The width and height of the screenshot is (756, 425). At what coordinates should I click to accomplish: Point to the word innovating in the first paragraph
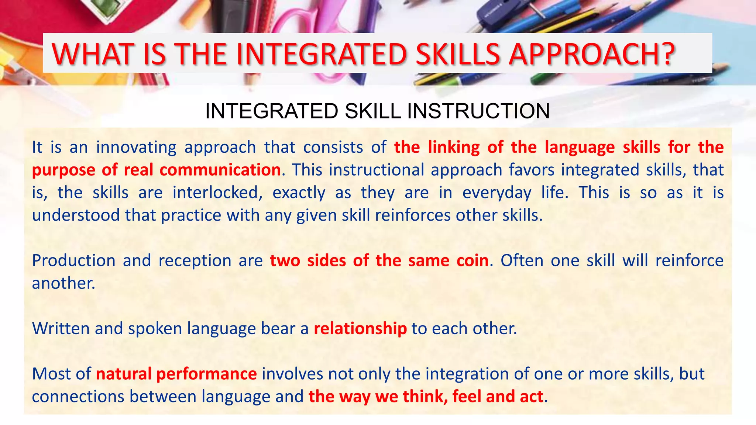136,147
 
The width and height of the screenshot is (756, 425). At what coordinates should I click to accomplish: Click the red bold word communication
220,170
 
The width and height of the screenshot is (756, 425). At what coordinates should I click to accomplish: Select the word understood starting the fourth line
76,215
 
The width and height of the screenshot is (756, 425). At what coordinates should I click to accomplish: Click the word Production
74,260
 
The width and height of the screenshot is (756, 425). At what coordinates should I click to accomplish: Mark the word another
63,283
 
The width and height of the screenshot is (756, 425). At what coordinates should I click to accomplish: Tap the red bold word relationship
360,328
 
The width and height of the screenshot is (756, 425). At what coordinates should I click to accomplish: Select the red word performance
207,374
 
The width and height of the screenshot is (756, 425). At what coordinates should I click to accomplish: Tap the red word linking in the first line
454,147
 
